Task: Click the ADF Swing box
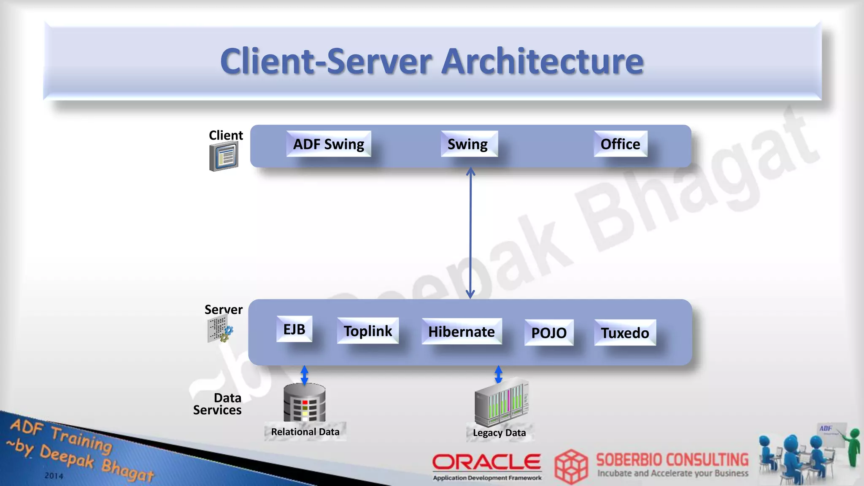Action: pyautogui.click(x=329, y=144)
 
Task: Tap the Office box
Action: pyautogui.click(x=620, y=144)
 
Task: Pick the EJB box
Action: pyautogui.click(x=294, y=329)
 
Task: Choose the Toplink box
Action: pyautogui.click(x=368, y=331)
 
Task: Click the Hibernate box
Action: pyautogui.click(x=462, y=332)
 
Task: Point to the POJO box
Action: pyautogui.click(x=549, y=333)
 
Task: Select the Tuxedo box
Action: pyautogui.click(x=625, y=333)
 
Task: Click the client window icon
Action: pyautogui.click(x=224, y=156)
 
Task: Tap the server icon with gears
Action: pyautogui.click(x=220, y=329)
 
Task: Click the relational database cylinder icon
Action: pyautogui.click(x=305, y=403)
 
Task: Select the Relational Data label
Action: pyautogui.click(x=305, y=432)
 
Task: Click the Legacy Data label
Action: pyautogui.click(x=499, y=433)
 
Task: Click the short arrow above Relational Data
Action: pyautogui.click(x=305, y=375)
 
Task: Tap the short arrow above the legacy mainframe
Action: pyautogui.click(x=498, y=374)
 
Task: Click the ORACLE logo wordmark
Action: pyautogui.click(x=487, y=462)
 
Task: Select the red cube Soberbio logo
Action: pyautogui.click(x=571, y=466)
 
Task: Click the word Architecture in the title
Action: pyautogui.click(x=543, y=61)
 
